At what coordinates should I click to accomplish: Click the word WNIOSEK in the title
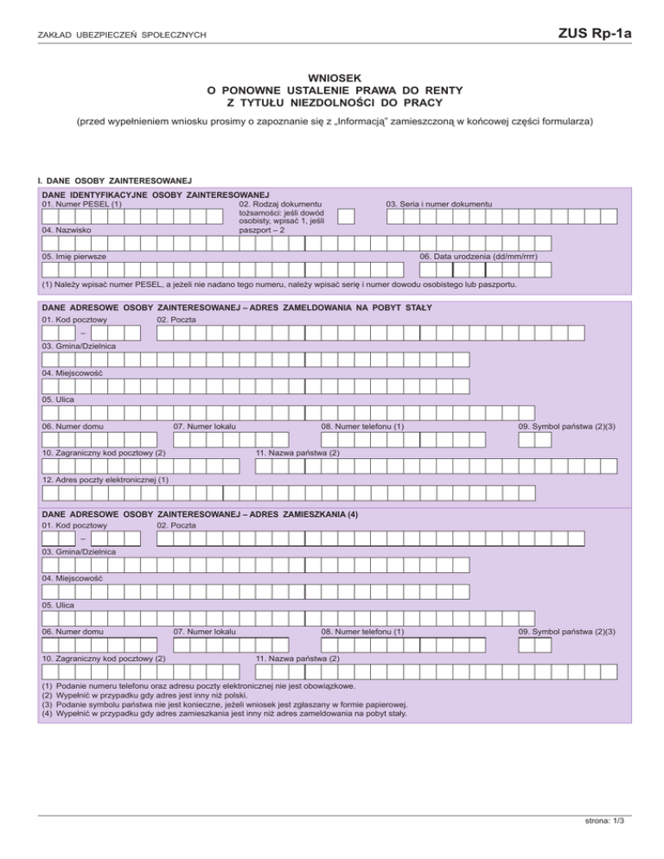pos(332,77)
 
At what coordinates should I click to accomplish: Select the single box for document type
pos(346,217)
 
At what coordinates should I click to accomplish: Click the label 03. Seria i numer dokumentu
pos(439,204)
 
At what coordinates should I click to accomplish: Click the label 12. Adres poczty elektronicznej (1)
pos(105,480)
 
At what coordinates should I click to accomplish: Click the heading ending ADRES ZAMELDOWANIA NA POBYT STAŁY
pos(236,308)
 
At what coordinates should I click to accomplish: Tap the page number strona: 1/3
pos(603,822)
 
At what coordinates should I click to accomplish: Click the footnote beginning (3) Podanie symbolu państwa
pos(225,705)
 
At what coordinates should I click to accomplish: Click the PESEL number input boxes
pos(130,217)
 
